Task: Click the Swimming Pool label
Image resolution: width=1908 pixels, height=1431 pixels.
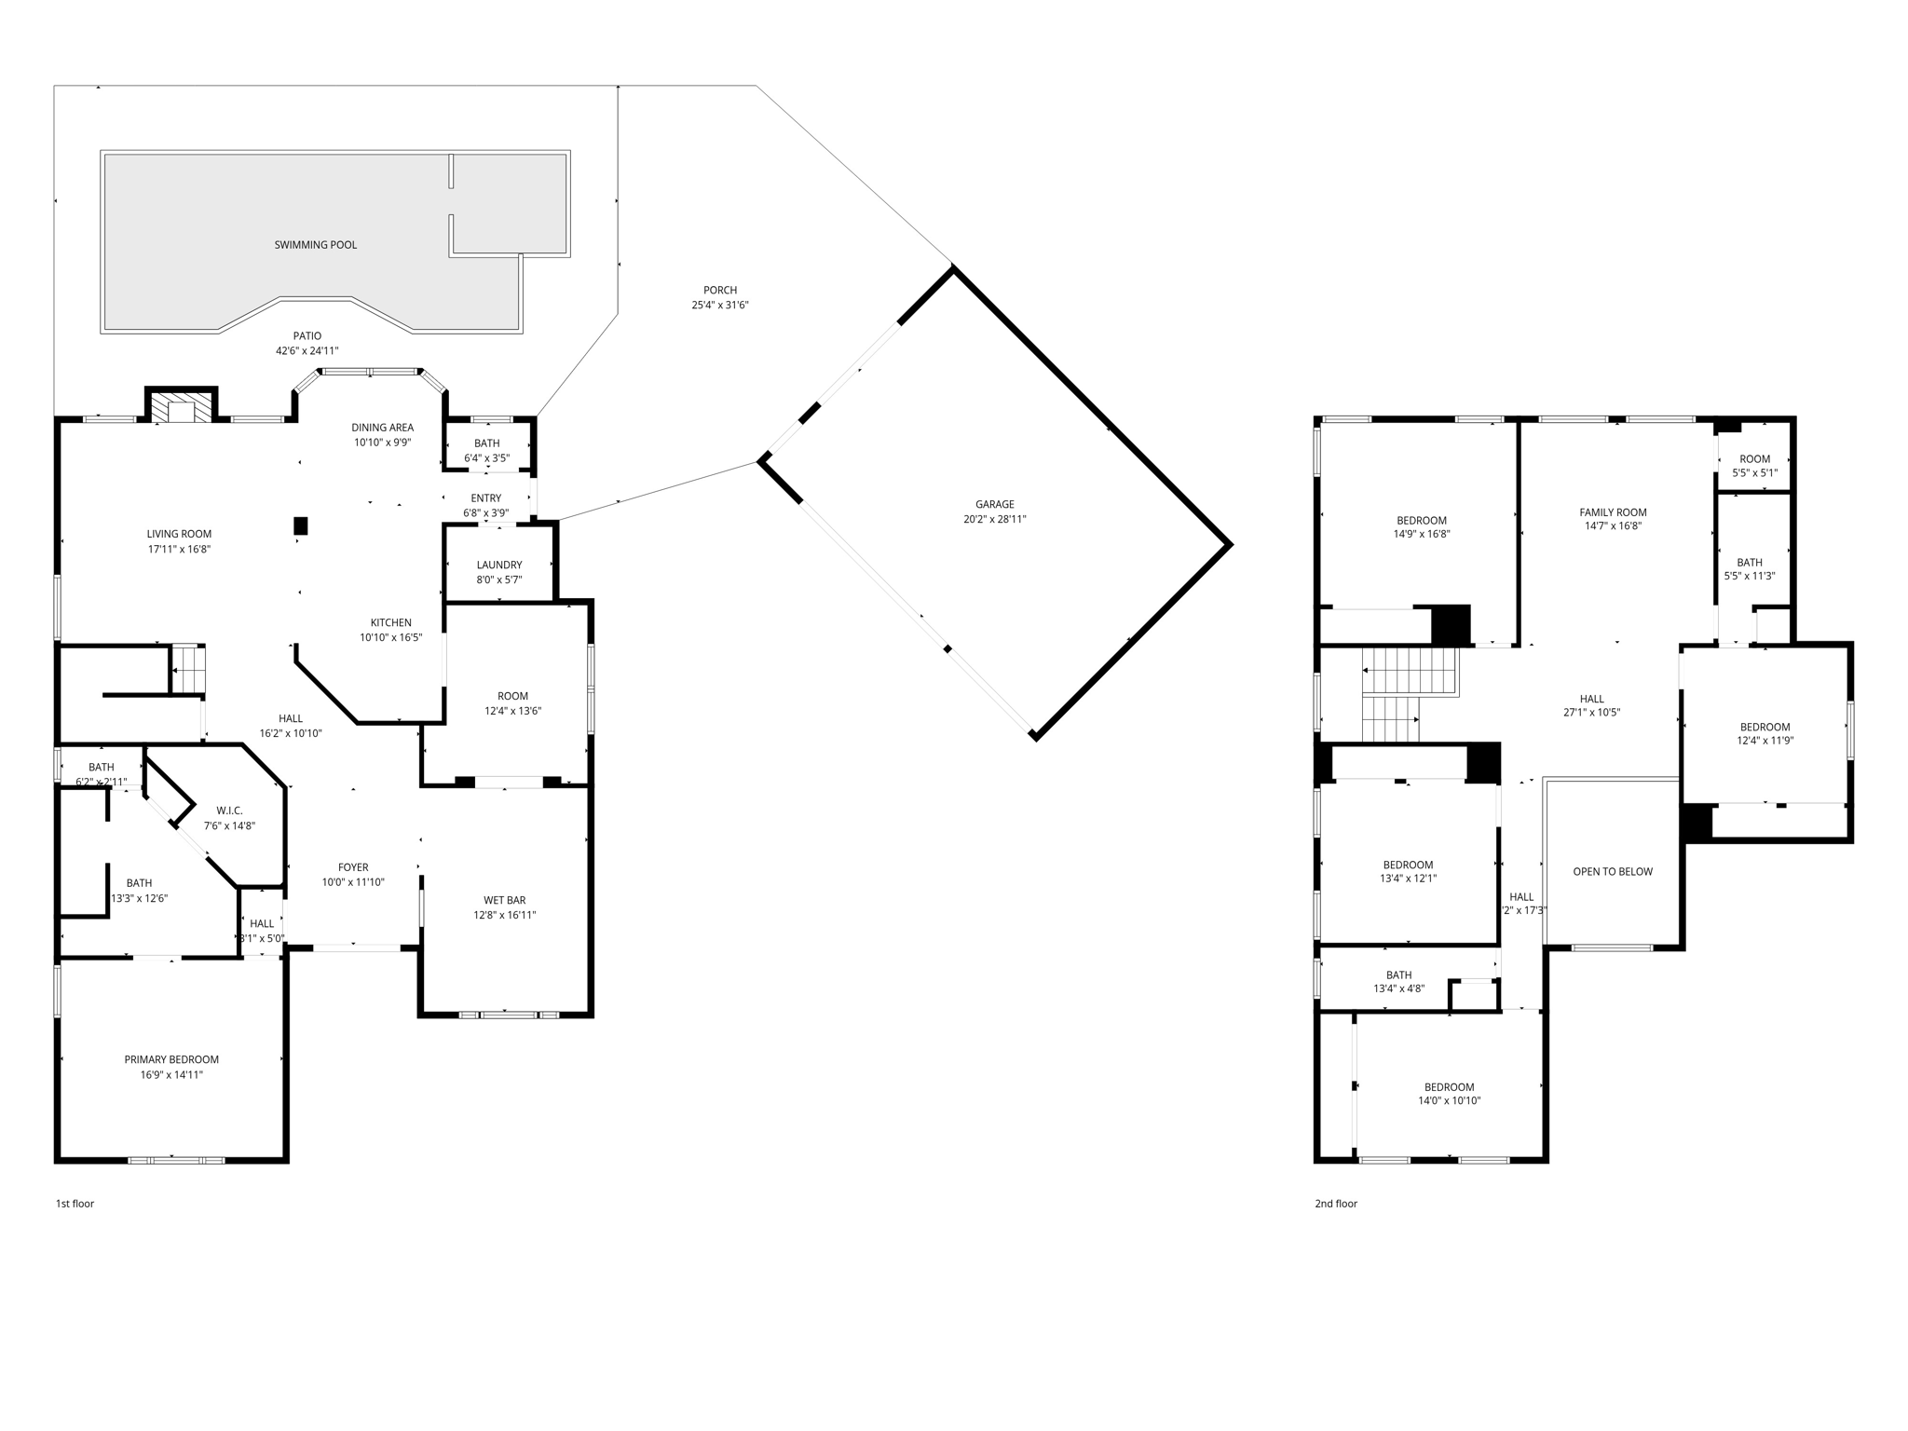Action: [x=315, y=245]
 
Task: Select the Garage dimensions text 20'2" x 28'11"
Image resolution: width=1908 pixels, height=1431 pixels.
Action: [x=994, y=520]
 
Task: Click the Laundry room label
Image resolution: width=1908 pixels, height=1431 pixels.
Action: [x=498, y=565]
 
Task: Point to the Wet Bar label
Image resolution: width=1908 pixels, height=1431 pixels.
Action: [x=504, y=900]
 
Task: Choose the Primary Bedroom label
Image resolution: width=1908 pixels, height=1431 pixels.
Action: [x=171, y=1059]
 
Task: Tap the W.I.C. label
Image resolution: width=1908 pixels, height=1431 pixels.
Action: [x=229, y=811]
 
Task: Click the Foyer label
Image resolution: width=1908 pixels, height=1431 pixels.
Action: [x=353, y=867]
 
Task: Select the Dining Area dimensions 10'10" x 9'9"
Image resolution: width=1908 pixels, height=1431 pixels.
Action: [x=382, y=443]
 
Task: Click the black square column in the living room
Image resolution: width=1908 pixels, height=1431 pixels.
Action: [x=301, y=526]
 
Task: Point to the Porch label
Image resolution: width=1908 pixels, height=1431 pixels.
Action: [x=719, y=290]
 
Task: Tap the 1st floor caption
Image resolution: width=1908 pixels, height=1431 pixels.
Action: [x=75, y=1204]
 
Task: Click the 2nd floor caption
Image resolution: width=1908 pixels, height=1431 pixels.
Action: [x=1335, y=1204]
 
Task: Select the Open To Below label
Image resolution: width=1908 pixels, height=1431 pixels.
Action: [x=1612, y=872]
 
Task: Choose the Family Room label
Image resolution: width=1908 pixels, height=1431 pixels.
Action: [x=1613, y=512]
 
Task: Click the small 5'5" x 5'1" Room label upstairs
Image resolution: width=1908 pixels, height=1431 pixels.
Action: [x=1754, y=459]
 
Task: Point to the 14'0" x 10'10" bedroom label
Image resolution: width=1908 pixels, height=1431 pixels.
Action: [x=1449, y=1087]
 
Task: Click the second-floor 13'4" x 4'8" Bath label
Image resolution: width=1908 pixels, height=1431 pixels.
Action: [x=1398, y=975]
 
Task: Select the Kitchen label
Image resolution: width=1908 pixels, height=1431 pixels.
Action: [x=390, y=622]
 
